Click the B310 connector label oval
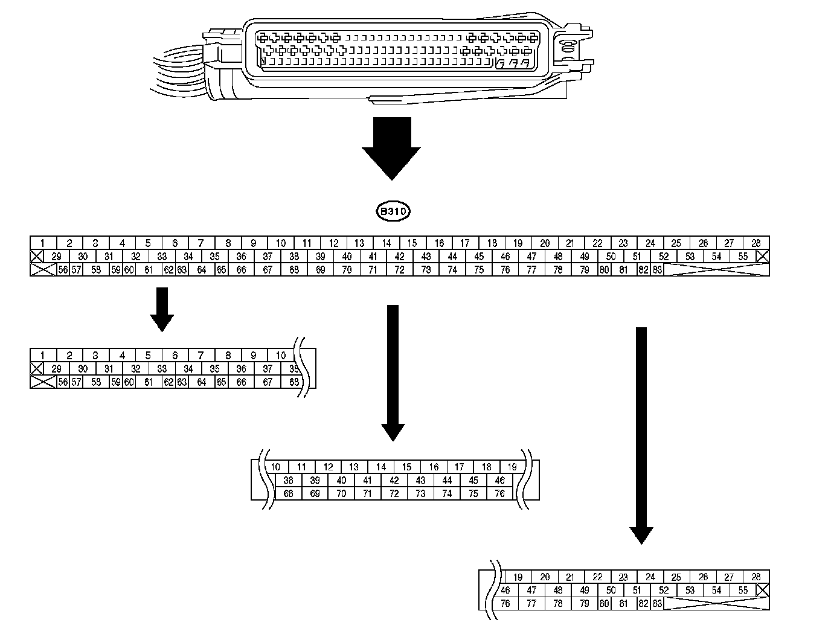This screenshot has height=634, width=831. pos(393,212)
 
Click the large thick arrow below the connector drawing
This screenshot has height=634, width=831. pos(391,148)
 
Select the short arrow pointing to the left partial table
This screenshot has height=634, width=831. pos(162,309)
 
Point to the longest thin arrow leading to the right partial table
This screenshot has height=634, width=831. pos(641,435)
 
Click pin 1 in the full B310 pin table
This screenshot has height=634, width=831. pos(43,243)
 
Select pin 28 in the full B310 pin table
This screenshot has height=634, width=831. pos(756,243)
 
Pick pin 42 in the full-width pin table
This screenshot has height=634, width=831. pos(399,257)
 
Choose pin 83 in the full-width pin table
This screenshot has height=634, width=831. pos(657,270)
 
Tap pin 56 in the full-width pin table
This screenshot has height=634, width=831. pos(63,270)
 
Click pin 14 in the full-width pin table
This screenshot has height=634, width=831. pos(387,243)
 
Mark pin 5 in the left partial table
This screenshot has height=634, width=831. pos(148,356)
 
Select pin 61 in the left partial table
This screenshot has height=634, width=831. pos(149,382)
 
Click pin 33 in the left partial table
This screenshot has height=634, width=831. pos(162,369)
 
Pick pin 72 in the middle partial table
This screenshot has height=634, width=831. pos(394,493)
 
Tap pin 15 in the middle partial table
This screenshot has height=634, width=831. pos(407,467)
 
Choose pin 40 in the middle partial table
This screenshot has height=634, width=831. pos(342,481)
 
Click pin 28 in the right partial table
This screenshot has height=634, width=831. pos(756,577)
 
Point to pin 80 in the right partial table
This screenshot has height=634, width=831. pos(605,603)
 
